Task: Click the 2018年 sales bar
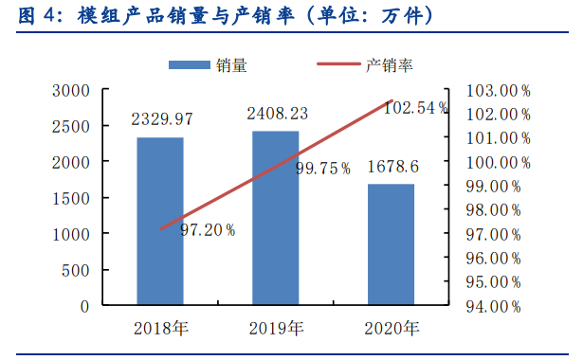160,222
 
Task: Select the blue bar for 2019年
275,219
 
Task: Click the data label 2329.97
162,119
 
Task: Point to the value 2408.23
278,113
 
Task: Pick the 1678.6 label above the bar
392,165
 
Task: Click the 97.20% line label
208,229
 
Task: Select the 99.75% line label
323,169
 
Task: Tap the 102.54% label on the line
415,108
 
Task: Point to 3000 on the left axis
72,91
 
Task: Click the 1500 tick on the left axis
72,199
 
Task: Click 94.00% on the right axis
494,306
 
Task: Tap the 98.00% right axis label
494,210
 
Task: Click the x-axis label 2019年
276,329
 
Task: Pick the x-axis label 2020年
392,329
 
